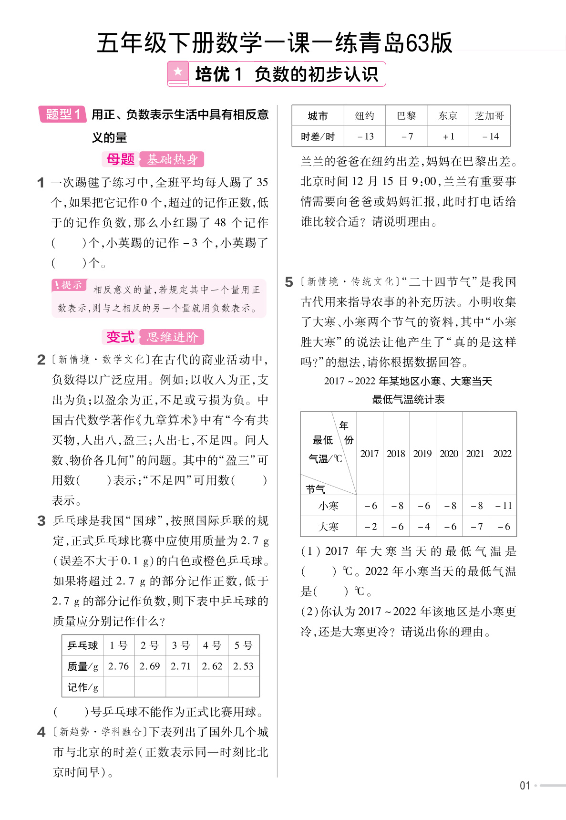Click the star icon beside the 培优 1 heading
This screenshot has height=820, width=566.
[x=178, y=73]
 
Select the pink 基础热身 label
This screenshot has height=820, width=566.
[x=172, y=159]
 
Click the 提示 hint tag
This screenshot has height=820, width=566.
[x=69, y=285]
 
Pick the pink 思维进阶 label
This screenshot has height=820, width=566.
[x=172, y=337]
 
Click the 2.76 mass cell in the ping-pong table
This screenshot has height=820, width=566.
[x=119, y=666]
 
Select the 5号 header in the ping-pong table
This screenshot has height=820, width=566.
[x=243, y=645]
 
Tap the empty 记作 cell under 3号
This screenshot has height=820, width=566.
[x=181, y=687]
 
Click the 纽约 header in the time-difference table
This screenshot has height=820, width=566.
[x=365, y=116]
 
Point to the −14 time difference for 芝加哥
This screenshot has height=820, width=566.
[x=490, y=136]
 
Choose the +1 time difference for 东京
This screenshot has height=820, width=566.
[x=448, y=136]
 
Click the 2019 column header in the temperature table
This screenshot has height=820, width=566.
[x=422, y=453]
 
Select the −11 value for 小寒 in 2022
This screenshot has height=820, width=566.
[x=503, y=506]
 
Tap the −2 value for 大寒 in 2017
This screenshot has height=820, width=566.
[x=370, y=527]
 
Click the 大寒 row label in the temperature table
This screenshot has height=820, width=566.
[x=329, y=527]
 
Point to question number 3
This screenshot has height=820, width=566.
[x=41, y=520]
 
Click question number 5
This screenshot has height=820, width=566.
[x=289, y=282]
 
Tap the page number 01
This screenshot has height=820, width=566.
[x=525, y=786]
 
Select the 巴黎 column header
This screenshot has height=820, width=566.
[x=406, y=116]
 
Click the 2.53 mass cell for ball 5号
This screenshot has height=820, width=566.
[x=243, y=666]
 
